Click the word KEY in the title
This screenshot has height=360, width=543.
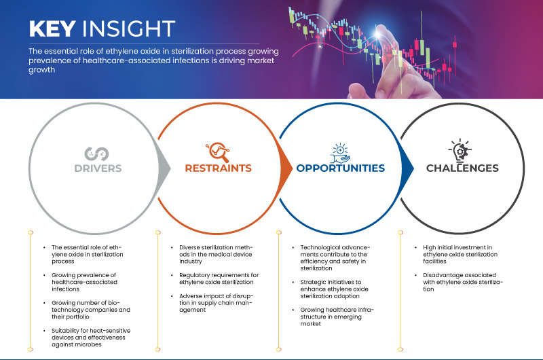[52, 29]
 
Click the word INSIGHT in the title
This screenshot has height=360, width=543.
[129, 29]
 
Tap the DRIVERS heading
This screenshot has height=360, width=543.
[98, 168]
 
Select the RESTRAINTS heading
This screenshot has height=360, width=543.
[218, 168]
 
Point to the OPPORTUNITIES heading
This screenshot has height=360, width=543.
[341, 168]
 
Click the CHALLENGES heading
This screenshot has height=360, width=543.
[462, 168]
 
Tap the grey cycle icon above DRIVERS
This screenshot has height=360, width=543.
[96, 154]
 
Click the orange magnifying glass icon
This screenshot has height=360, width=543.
[217, 151]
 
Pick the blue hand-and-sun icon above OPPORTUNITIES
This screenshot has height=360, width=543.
[340, 153]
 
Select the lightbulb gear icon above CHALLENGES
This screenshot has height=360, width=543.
[460, 151]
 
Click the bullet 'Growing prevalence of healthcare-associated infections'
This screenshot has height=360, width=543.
[84, 282]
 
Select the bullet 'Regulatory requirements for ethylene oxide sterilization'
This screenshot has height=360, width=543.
[219, 278]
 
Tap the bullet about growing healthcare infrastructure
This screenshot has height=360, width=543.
[337, 317]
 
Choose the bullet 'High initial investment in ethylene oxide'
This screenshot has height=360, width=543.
[460, 254]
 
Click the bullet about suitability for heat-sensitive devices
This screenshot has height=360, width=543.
[91, 338]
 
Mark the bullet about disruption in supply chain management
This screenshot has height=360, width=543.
[216, 303]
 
